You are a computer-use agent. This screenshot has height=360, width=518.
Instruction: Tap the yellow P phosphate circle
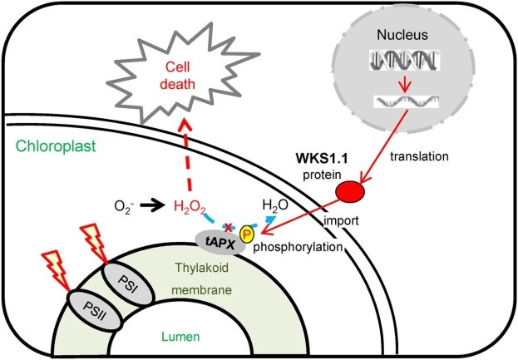coord(246,235)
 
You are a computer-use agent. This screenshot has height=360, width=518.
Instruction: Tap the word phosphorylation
coord(302,249)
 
